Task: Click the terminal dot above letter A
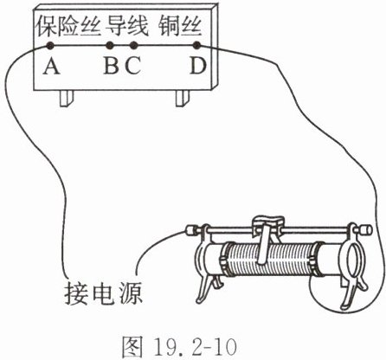(50, 45)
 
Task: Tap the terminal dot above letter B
(109, 45)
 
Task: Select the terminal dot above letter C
(133, 45)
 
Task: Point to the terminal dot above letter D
(196, 45)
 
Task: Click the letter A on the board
(51, 66)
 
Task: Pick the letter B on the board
(112, 66)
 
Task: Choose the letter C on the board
(133, 66)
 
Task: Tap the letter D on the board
(198, 66)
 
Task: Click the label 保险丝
(68, 26)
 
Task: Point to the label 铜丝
(180, 26)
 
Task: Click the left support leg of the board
(67, 99)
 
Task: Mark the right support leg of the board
(183, 99)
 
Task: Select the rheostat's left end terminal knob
(191, 230)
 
